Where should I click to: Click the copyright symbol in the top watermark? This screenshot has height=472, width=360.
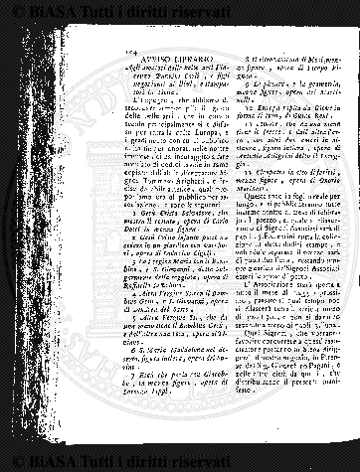(x=9, y=8)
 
